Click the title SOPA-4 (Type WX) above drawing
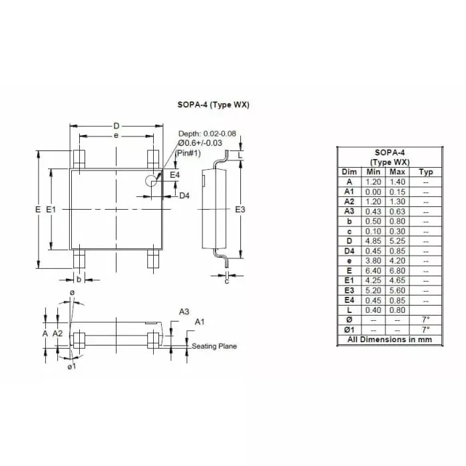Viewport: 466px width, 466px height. (214, 105)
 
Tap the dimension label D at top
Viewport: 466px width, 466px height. (116, 126)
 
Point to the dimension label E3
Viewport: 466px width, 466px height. (241, 209)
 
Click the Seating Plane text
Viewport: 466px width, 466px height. (214, 346)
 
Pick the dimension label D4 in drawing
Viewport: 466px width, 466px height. (185, 196)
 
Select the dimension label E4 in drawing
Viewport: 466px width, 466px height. (174, 174)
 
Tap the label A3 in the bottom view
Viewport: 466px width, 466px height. (184, 312)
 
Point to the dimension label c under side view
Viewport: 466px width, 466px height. (226, 282)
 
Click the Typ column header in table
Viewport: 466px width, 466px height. (425, 172)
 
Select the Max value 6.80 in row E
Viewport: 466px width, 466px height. (397, 270)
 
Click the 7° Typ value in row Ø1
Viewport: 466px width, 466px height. (425, 329)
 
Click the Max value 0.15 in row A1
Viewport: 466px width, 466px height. (397, 192)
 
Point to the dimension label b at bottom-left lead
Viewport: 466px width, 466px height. (79, 279)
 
